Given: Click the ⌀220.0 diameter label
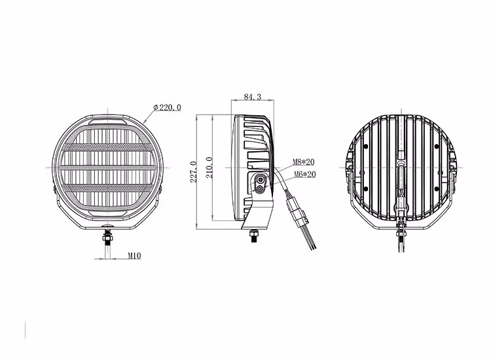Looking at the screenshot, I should (x=167, y=107).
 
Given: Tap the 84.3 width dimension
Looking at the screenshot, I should (x=253, y=96).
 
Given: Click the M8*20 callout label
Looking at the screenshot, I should (x=304, y=162).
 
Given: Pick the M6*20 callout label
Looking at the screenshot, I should (x=304, y=174).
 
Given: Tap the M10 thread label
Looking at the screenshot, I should (x=134, y=256).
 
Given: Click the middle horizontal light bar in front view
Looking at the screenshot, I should (x=107, y=168).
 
